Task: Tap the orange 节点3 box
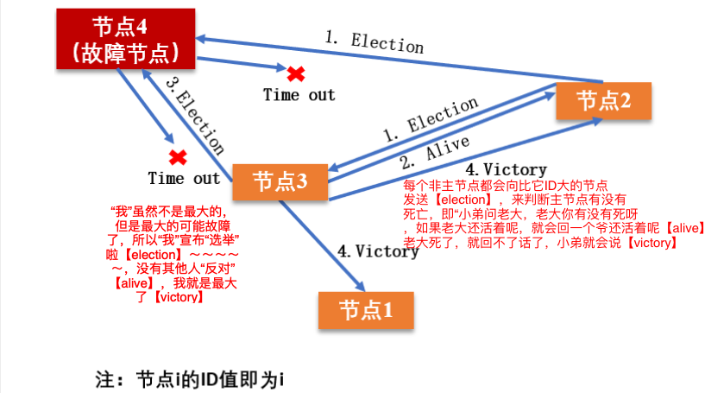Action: (x=279, y=182)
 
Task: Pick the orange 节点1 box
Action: (x=367, y=310)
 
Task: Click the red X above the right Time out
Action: (x=296, y=73)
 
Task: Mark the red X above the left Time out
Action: (x=179, y=157)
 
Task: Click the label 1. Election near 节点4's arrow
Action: (x=374, y=42)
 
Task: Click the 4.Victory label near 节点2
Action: (x=506, y=169)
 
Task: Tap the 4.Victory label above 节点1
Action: (x=378, y=252)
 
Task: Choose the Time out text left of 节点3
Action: (x=184, y=179)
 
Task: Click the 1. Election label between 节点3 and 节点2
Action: (x=430, y=120)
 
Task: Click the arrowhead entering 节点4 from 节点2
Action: (x=202, y=38)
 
